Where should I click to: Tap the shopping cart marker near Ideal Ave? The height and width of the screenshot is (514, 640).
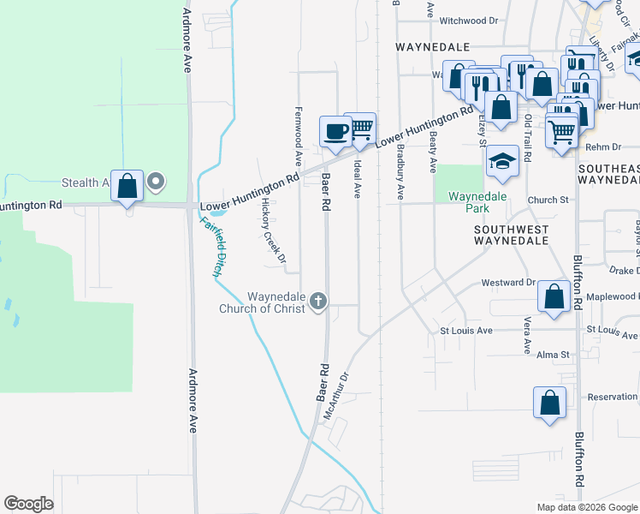pyautogui.click(x=361, y=128)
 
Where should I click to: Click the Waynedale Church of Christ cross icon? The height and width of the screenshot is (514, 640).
pyautogui.click(x=318, y=301)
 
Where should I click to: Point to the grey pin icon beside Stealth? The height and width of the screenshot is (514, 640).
pyautogui.click(x=156, y=182)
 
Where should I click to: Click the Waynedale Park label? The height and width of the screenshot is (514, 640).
pyautogui.click(x=477, y=201)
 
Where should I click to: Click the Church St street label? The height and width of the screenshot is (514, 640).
pyautogui.click(x=548, y=200)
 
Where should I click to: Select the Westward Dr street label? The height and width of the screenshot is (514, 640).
pyautogui.click(x=507, y=282)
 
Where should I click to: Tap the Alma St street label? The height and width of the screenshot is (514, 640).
pyautogui.click(x=553, y=355)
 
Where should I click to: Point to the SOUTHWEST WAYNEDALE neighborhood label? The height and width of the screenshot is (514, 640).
pyautogui.click(x=512, y=235)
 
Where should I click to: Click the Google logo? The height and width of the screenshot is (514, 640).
pyautogui.click(x=29, y=504)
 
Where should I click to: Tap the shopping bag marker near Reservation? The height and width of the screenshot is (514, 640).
pyautogui.click(x=549, y=403)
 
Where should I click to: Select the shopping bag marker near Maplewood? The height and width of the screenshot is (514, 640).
pyautogui.click(x=554, y=297)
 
